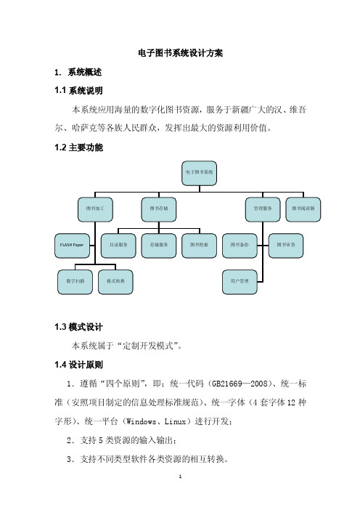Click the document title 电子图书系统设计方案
(180, 53)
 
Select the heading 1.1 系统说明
(78, 90)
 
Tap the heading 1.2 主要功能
(78, 147)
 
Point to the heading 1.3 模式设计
(78, 327)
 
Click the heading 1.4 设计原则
(78, 365)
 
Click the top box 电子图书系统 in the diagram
(199, 173)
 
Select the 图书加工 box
(95, 209)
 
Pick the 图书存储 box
(159, 209)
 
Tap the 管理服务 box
(263, 209)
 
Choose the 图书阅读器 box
(303, 209)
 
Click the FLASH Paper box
(72, 246)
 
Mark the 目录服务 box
(118, 246)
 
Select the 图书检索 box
(199, 246)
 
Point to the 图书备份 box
(240, 246)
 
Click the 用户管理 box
(240, 282)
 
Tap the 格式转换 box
(115, 282)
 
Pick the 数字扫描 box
(75, 282)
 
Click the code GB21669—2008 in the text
(240, 384)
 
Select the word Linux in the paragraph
(175, 422)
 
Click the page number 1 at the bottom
(180, 477)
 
